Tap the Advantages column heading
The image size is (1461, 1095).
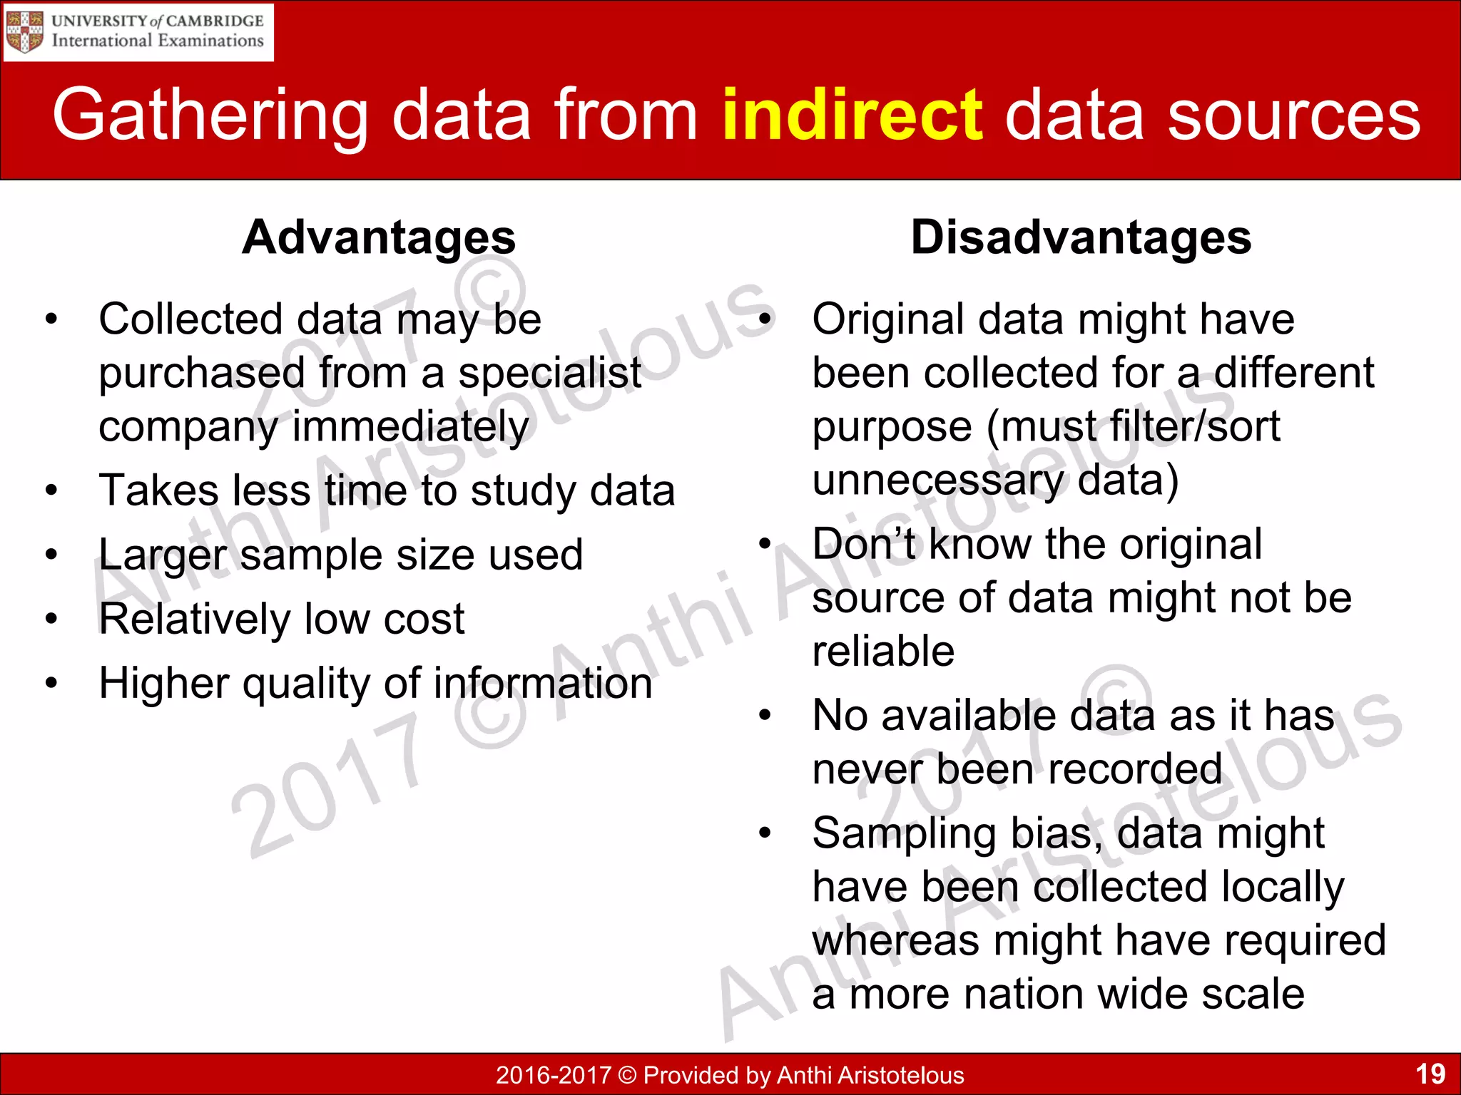tap(378, 237)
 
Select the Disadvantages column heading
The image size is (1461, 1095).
tap(1081, 237)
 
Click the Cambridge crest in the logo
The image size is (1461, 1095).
tap(25, 31)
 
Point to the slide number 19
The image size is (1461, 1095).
tap(1430, 1074)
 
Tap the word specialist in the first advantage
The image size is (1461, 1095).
tap(549, 373)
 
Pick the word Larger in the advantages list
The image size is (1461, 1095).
tap(163, 556)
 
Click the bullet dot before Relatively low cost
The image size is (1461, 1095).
tap(51, 618)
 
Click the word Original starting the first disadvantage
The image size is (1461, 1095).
tap(888, 319)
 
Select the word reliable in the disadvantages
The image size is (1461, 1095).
tap(883, 651)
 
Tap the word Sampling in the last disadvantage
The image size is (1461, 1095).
tap(904, 834)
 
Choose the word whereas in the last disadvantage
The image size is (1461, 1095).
tap(895, 940)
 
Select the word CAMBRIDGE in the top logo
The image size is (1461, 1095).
tap(215, 21)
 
